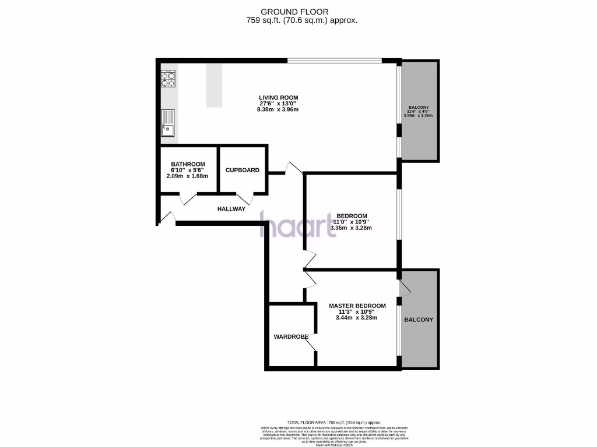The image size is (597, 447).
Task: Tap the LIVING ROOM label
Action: [x=279, y=97]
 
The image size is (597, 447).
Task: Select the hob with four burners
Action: [x=168, y=79]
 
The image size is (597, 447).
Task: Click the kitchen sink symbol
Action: [x=168, y=123]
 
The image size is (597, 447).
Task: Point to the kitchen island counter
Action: [x=214, y=85]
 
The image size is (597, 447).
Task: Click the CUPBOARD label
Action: [x=242, y=171]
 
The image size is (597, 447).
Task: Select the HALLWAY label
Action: [x=231, y=209]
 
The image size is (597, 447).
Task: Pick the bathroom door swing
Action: [x=189, y=199]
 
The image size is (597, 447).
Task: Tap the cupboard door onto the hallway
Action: [x=245, y=198]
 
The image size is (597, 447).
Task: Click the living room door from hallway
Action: [x=292, y=168]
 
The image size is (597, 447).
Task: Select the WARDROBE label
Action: [x=291, y=336]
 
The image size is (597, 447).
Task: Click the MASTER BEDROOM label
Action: [x=357, y=306]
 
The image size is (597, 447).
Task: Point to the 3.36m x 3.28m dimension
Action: [x=351, y=228]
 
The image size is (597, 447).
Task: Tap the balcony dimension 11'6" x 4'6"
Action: [x=419, y=111]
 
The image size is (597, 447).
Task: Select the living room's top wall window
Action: [x=334, y=60]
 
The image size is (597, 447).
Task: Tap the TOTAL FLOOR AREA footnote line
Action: [x=334, y=422]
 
